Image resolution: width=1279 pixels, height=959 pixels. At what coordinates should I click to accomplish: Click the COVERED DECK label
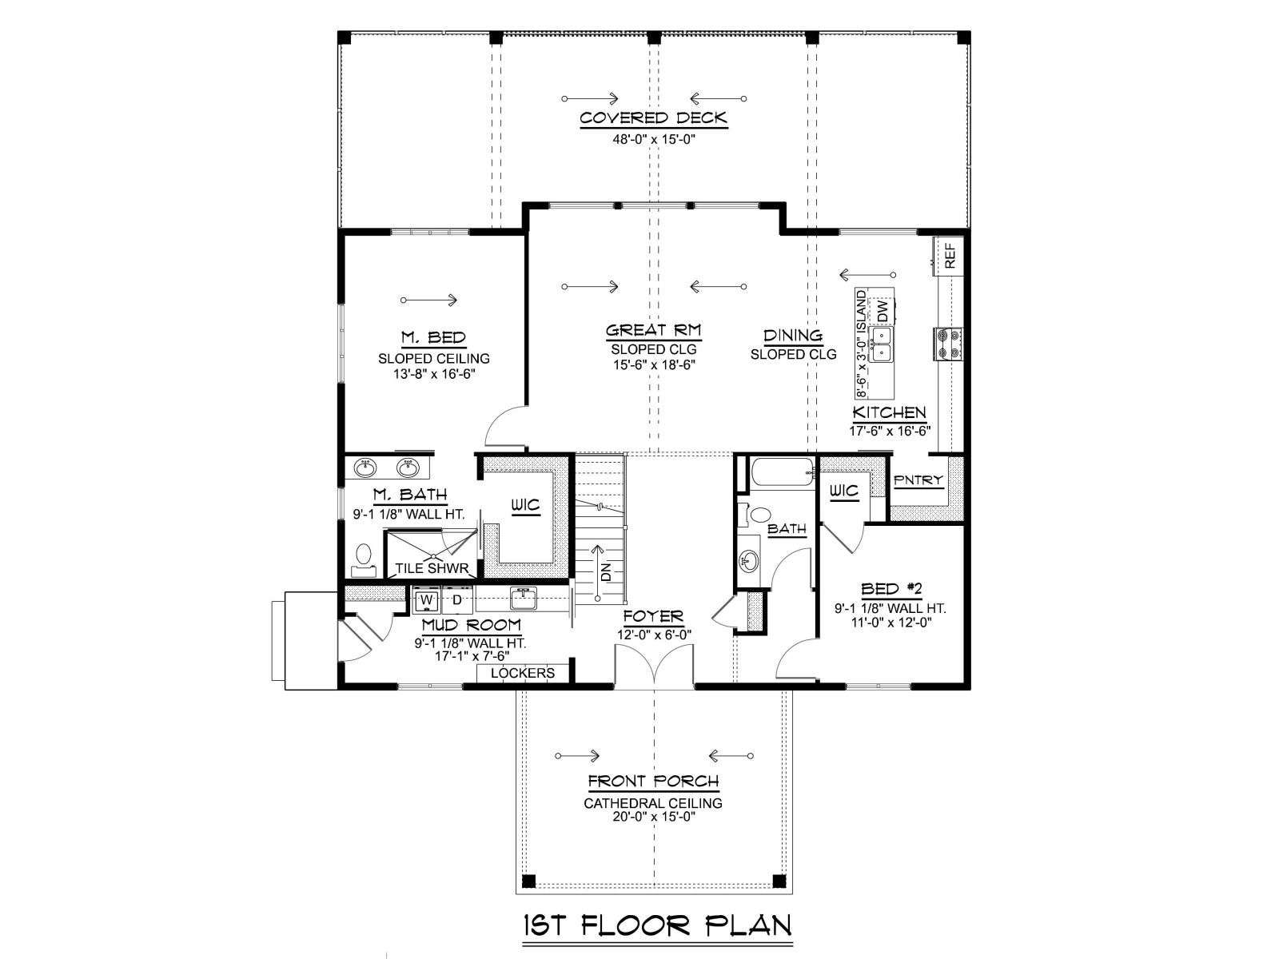pos(653,118)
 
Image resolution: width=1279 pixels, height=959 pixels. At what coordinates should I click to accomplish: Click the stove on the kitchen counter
pos(948,344)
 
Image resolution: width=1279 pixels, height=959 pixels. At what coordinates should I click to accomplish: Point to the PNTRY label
pos(918,480)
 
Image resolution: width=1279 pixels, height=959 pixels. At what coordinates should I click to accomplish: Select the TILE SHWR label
pos(432,568)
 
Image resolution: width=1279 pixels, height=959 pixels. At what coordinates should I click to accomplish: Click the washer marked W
pos(427,599)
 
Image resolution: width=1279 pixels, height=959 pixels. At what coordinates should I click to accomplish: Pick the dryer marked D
pos(457,599)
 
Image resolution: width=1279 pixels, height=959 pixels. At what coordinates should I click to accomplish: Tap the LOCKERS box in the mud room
pos(523,673)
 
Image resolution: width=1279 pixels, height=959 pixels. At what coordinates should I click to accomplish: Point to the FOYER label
pos(653,616)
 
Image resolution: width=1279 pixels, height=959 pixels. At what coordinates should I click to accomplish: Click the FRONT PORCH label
pos(653,782)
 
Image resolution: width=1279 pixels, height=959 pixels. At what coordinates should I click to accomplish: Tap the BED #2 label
pos(891,589)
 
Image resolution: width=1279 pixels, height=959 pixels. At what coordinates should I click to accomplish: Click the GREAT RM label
pos(653,331)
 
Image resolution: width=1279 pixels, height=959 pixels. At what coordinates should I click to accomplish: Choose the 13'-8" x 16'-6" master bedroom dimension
pos(434,374)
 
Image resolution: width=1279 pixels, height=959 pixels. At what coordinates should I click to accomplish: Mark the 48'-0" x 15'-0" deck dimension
pos(654,140)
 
